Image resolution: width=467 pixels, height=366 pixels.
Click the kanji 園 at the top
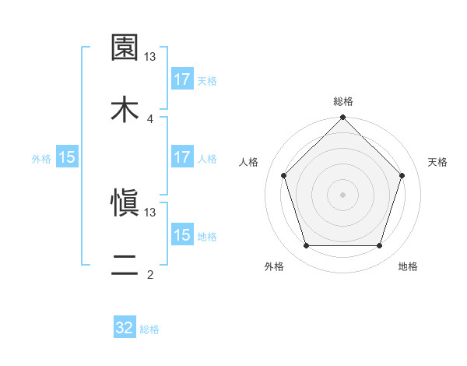125,48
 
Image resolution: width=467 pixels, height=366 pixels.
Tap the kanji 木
125,110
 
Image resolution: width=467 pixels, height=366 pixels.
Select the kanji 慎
125,202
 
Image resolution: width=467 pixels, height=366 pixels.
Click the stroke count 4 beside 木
150,118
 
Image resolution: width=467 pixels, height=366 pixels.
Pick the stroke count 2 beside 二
150,274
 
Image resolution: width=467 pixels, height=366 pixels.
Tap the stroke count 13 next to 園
150,57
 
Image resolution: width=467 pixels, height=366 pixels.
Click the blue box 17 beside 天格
182,79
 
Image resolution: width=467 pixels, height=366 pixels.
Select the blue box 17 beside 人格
182,157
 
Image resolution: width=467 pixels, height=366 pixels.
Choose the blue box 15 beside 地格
182,235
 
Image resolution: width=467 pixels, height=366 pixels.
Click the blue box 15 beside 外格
67,157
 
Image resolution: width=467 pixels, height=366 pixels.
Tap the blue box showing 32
125,328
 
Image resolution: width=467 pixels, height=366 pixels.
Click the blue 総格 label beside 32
149,329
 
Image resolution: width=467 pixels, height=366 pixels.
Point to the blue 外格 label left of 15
41,158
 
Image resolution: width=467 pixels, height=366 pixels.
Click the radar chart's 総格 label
343,101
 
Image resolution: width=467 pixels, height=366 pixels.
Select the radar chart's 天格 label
438,162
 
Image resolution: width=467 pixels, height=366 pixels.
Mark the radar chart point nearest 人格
284,175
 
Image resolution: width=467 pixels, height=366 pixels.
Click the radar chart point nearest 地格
380,245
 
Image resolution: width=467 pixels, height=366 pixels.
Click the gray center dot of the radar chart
343,194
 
